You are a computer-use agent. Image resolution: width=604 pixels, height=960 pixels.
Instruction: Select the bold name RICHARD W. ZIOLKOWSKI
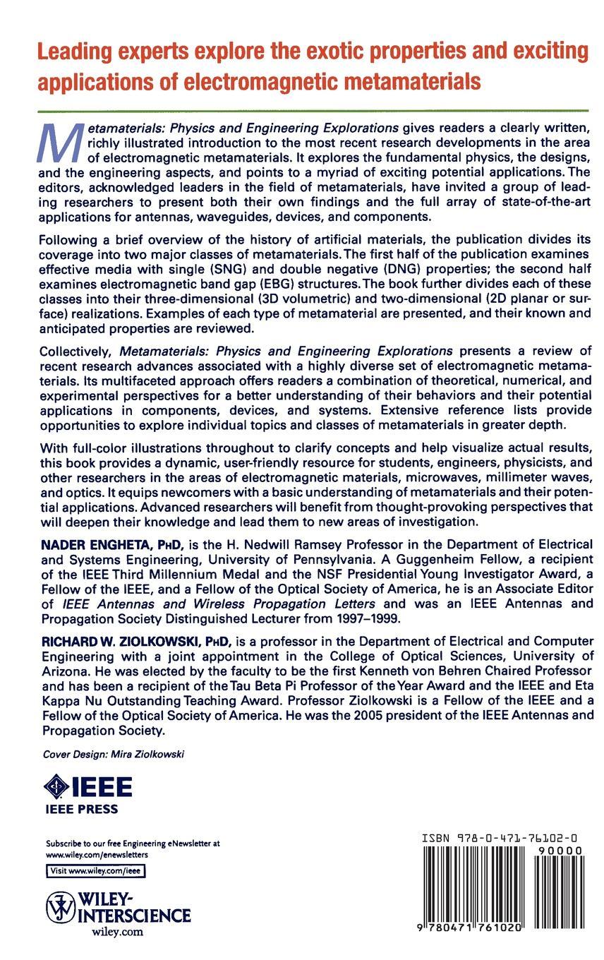(x=121, y=642)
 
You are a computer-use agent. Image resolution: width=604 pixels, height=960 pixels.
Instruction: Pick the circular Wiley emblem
(x=61, y=907)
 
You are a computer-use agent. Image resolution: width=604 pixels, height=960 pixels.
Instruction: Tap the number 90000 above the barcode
(x=560, y=851)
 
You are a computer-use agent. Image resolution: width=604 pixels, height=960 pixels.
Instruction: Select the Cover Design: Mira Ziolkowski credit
(x=114, y=754)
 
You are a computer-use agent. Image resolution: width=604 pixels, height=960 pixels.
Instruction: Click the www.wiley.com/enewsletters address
(x=97, y=854)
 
